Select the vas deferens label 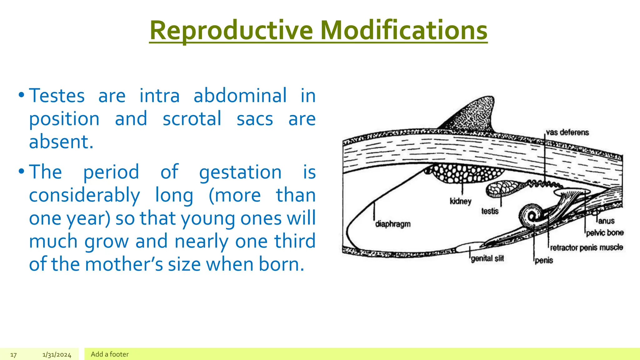coord(567,132)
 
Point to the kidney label coord(460,201)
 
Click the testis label coord(490,211)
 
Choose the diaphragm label coord(393,224)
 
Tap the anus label coord(606,221)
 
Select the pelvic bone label coord(605,233)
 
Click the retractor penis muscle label coord(586,248)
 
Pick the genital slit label coord(487,258)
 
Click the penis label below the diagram coord(544,260)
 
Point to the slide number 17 coord(13,355)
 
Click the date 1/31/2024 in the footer coord(57,355)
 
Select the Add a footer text coord(110,354)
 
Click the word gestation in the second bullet coord(240,172)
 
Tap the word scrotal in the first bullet coord(192,119)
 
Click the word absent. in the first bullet coord(61,142)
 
